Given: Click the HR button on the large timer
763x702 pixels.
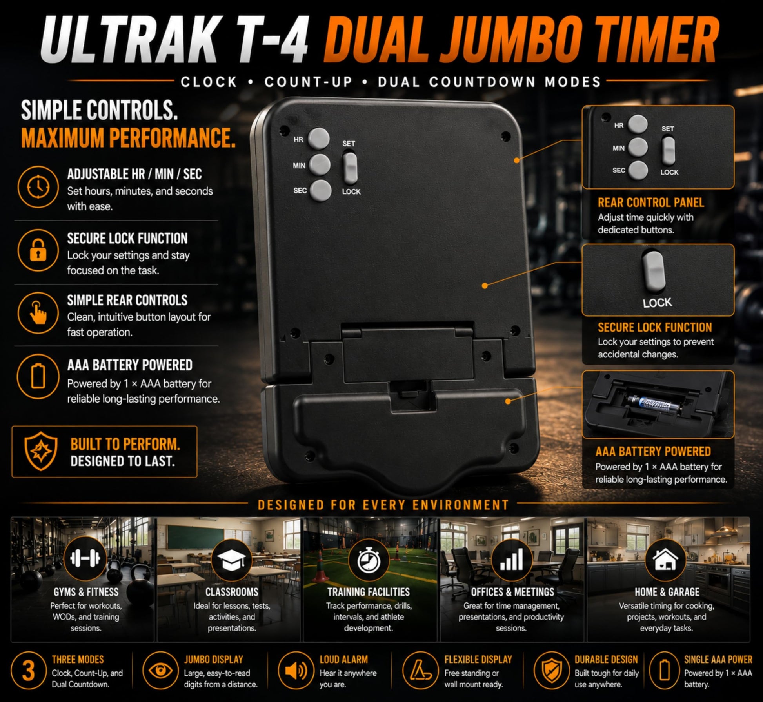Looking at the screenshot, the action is click(x=318, y=139).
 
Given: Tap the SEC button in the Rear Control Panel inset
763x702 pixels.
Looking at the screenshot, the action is click(x=638, y=170).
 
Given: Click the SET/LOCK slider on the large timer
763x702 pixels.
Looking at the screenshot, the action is click(x=351, y=168).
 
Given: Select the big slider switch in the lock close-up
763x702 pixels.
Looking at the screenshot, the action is click(x=654, y=272).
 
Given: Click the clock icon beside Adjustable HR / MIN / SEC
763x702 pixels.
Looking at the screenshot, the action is click(x=38, y=187).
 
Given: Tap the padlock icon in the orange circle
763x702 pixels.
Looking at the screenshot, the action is click(x=38, y=250).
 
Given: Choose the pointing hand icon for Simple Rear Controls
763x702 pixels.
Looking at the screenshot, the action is click(x=38, y=313).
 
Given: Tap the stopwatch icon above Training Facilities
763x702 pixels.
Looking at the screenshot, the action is click(x=369, y=559).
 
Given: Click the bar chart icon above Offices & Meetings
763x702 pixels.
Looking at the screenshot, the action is click(x=512, y=559).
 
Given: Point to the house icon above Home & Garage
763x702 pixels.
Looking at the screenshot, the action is click(x=665, y=559).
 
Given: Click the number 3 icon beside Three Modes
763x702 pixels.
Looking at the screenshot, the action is click(x=28, y=671).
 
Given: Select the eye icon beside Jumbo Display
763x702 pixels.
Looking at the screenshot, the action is click(x=160, y=671).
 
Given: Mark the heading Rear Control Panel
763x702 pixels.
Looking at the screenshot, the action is click(x=650, y=202).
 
